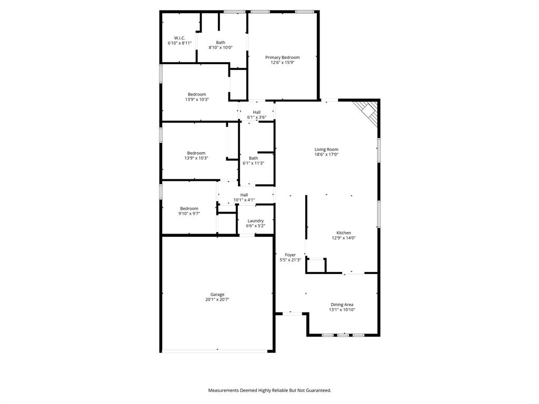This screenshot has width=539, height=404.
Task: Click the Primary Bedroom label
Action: [x=282, y=57]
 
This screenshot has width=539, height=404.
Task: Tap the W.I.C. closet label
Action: [x=179, y=38]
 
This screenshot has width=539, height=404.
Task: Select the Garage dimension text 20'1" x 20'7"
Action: [x=217, y=300]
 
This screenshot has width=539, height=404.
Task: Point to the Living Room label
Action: [x=326, y=149]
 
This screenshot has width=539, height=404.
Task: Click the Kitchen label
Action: [x=344, y=233]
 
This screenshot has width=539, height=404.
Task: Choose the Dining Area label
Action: [x=342, y=305]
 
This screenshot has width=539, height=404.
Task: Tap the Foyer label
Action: [x=290, y=255]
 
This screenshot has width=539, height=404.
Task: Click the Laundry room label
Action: [x=256, y=221]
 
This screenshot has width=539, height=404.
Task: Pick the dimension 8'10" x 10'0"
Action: [x=221, y=47]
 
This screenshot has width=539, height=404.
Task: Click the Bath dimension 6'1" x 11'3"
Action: [x=253, y=163]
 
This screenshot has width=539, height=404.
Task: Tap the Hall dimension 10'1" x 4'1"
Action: [x=244, y=200]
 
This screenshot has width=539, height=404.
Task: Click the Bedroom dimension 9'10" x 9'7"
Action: [x=189, y=214]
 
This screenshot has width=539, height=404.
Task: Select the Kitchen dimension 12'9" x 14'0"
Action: [x=344, y=238]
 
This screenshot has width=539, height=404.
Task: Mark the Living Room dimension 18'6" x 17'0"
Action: [x=326, y=155]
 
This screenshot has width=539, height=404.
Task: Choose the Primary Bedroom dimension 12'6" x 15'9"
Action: [x=282, y=63]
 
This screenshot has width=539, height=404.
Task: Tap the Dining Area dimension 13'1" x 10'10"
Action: [x=342, y=310]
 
